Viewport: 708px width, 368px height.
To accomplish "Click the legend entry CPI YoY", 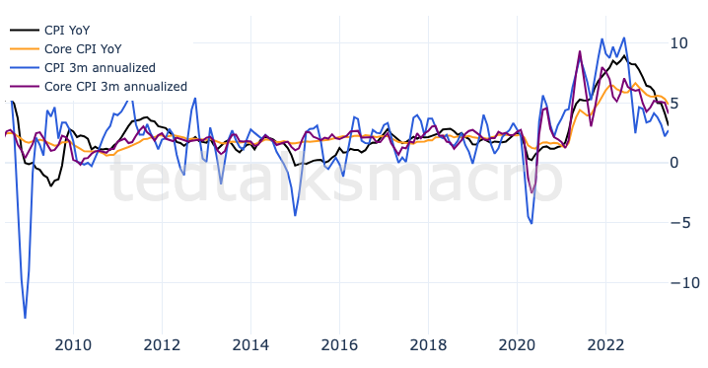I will coord(67,30).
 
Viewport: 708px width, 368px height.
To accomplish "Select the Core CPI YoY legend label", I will coord(83,48).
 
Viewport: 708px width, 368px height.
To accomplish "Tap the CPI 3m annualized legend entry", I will coord(100,67).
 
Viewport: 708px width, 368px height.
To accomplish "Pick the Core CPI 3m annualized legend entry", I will coord(115,86).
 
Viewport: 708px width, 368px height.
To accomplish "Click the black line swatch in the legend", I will coord(22,30).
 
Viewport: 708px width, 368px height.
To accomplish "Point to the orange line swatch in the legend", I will coord(22,48).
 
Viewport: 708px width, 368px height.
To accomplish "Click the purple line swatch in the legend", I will coord(22,86).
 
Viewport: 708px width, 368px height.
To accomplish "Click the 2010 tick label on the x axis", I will coord(73,344).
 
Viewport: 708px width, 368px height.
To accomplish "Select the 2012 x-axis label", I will coord(162,344).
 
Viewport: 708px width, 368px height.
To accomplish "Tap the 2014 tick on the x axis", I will coord(250,344).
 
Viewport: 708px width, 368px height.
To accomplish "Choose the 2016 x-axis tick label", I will coord(339,344).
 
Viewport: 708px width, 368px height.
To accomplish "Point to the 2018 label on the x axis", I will coord(428,344).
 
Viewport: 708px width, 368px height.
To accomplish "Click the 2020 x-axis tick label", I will coord(517,344).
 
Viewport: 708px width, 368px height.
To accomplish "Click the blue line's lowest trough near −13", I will coord(25,318).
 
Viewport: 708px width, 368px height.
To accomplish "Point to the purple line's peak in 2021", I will coord(580,51).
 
